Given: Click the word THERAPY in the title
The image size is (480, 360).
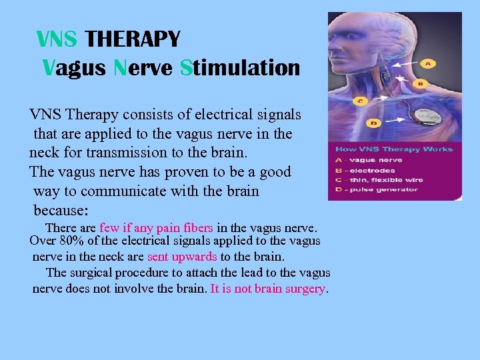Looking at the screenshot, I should point(133,40).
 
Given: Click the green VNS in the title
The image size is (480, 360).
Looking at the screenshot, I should point(57,40).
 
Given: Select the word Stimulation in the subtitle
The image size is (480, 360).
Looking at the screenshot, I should point(240,67).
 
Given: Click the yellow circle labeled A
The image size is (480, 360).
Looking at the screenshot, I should point(427,63).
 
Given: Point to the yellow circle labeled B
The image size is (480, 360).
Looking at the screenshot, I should point(420,83).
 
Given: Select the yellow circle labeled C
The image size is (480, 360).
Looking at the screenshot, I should point(361,101).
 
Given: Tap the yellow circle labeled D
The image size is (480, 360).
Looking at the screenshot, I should point(374,123).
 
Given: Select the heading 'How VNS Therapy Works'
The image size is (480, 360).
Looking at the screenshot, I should point(393,149).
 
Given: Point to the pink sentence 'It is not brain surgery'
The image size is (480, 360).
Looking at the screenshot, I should point(268,289).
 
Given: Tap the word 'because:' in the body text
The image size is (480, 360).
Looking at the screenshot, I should point(61,210).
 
